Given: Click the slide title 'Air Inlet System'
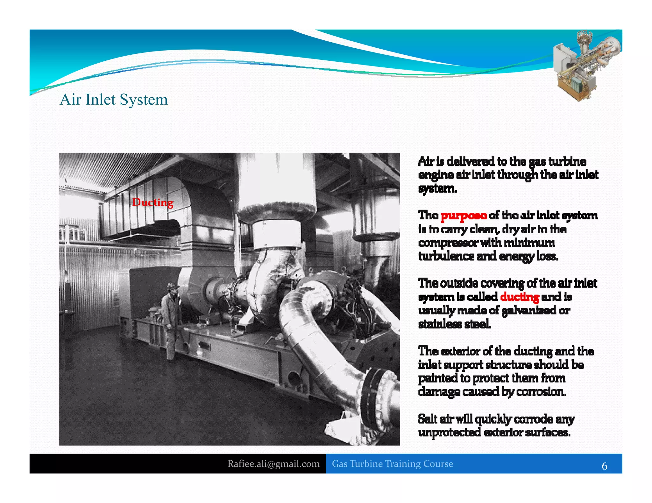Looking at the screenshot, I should [114, 100].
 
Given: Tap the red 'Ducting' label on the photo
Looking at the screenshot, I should [153, 202].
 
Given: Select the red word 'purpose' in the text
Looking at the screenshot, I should [464, 216].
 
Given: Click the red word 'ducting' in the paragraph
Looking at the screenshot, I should [520, 297].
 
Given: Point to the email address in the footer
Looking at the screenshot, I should [273, 464].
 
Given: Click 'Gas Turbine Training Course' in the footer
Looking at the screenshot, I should [392, 464].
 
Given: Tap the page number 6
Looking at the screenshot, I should [604, 466].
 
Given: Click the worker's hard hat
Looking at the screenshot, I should [173, 286].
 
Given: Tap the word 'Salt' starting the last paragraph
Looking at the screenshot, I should [428, 419].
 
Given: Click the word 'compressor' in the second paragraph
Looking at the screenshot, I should [448, 243].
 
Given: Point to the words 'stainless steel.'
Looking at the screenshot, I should [454, 324].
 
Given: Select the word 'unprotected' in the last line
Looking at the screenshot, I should [449, 432].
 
